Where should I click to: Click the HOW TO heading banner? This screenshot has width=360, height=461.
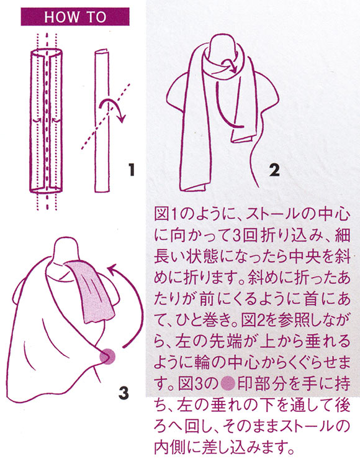75,17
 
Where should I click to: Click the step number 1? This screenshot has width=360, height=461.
131,170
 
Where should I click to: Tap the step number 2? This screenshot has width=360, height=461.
274,170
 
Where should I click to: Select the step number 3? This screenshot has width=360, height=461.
124,393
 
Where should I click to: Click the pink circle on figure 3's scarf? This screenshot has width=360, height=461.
107,357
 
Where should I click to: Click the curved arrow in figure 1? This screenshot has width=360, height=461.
113,109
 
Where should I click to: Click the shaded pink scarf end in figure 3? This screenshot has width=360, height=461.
92,294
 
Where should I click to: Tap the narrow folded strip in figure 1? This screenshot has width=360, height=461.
102,121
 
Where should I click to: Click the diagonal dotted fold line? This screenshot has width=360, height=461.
106,116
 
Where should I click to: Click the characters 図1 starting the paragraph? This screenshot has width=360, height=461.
165,215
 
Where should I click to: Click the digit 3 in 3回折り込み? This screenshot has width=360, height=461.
237,236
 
